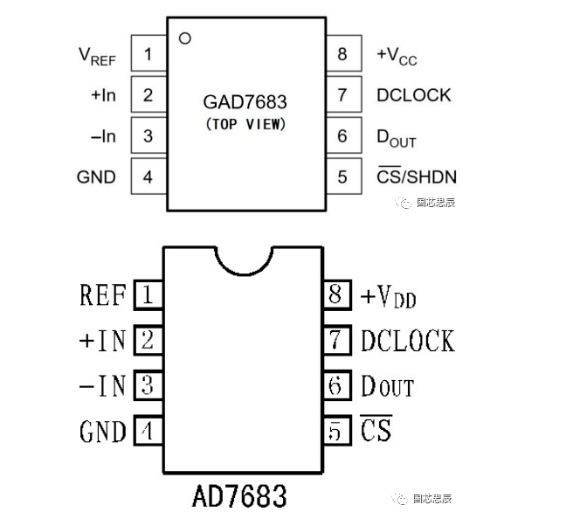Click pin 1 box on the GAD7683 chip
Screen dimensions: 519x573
tap(148, 54)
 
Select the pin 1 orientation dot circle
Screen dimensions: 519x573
tap(184, 38)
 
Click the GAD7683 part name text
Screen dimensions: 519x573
tap(245, 101)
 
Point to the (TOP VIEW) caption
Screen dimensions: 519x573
tap(245, 124)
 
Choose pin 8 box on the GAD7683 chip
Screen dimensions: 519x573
tap(342, 54)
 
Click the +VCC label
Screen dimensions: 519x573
tap(397, 55)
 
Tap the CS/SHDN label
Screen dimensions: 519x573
tap(416, 176)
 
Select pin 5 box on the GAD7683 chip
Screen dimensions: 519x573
tap(342, 176)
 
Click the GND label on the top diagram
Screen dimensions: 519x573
tap(96, 176)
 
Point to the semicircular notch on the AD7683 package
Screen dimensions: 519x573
tap(244, 259)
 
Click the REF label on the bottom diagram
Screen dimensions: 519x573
tap(102, 295)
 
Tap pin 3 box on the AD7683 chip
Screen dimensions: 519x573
tap(148, 385)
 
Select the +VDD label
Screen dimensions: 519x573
tap(388, 296)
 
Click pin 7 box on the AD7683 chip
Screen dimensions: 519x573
tap(335, 340)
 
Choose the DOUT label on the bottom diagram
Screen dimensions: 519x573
tap(387, 385)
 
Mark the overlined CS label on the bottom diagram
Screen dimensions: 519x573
tap(376, 429)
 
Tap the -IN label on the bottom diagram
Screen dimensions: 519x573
tap(102, 385)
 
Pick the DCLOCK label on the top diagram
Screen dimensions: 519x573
tap(413, 94)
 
